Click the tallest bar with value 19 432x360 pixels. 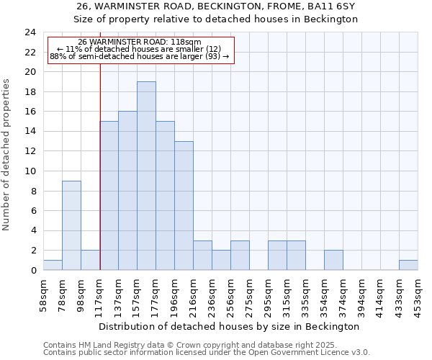click(x=146, y=176)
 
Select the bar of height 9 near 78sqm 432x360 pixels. click(x=71, y=225)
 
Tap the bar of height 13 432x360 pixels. click(x=184, y=205)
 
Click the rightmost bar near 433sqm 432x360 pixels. click(x=408, y=265)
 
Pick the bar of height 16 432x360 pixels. click(x=127, y=191)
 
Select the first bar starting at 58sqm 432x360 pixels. click(x=53, y=265)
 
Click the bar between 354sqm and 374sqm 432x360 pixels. click(x=333, y=260)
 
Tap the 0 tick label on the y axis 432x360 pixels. click(x=32, y=271)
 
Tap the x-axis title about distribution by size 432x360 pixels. click(x=228, y=326)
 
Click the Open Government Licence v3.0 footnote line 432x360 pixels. click(x=207, y=353)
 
